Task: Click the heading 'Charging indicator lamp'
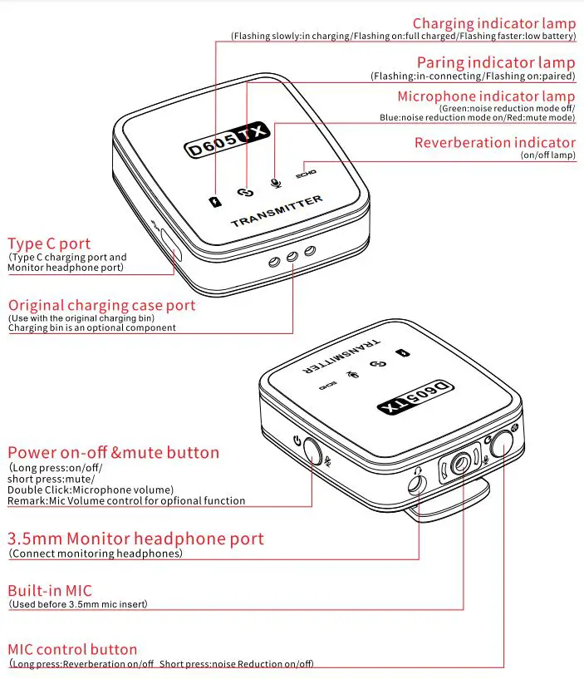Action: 493,24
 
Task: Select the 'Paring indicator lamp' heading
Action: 495,63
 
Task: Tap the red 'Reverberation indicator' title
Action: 494,143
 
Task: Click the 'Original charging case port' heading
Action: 101,305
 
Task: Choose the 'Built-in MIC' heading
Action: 50,591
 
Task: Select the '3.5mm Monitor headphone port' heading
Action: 135,539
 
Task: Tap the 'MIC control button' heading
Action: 72,649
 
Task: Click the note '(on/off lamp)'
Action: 547,155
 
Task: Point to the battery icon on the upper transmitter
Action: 216,201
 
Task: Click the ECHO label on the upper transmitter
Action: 306,175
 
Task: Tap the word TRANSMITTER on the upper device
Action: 276,212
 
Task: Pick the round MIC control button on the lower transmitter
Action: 502,445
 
